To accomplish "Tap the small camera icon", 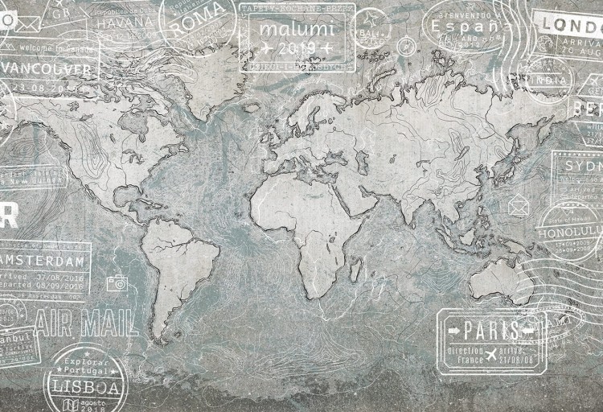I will [117, 282].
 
